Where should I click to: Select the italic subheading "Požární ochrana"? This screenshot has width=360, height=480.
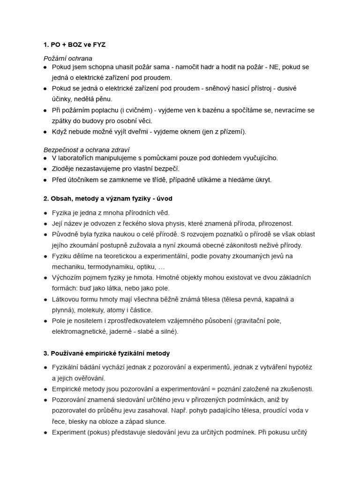click(x=67, y=59)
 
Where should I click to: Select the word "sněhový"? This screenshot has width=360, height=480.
click(x=213, y=89)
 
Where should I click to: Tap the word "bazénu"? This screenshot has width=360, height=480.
click(x=217, y=110)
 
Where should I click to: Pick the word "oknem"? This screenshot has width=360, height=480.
click(x=189, y=132)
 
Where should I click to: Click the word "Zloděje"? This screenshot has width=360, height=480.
click(x=64, y=169)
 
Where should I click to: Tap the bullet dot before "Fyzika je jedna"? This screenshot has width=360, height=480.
click(x=45, y=213)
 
